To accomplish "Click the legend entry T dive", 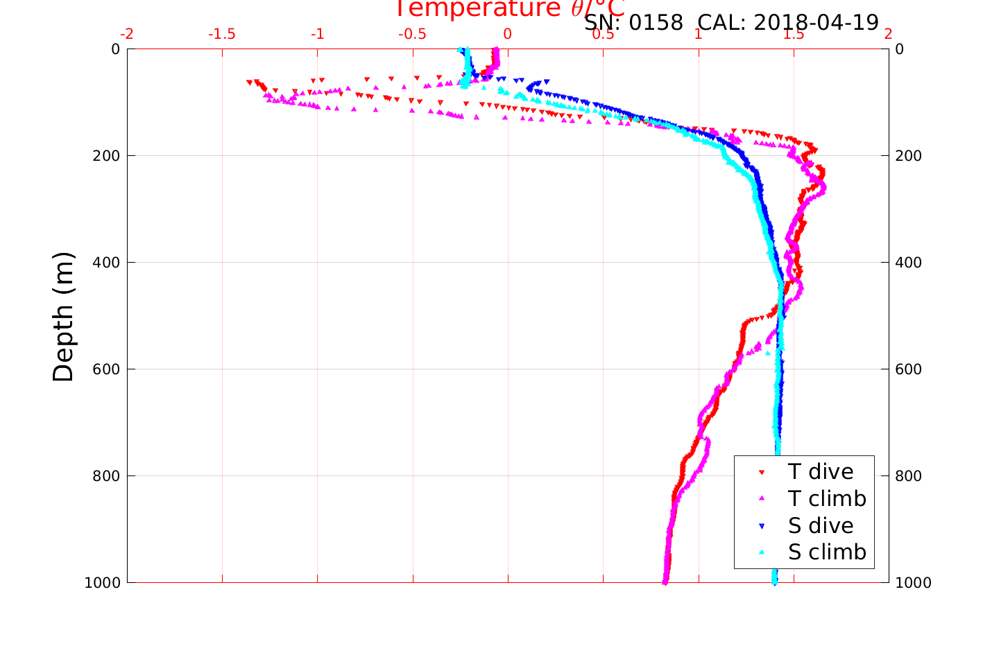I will [x=820, y=472].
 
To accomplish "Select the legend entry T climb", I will [x=827, y=498].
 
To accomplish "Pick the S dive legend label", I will [x=821, y=526].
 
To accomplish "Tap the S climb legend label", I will [x=827, y=552].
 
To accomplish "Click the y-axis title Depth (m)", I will [x=63, y=316].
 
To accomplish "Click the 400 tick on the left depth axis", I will [x=106, y=263].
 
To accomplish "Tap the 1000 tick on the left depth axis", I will [x=102, y=583].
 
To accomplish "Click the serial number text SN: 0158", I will [x=633, y=23].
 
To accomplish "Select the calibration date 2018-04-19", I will [x=816, y=23].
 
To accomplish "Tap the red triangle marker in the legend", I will [x=762, y=472].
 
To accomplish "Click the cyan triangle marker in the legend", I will [x=762, y=552].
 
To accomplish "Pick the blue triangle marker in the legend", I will [x=762, y=526].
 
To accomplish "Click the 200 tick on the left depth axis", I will [x=106, y=156].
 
